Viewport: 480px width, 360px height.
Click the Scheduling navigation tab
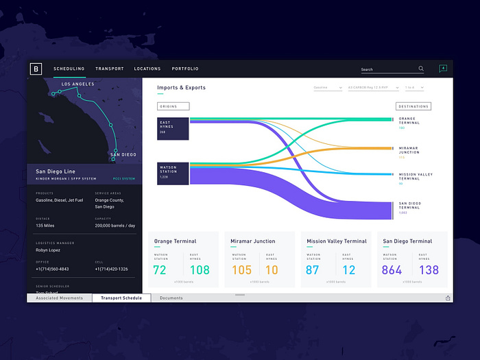pyautogui.click(x=69, y=69)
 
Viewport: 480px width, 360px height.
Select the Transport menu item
pyautogui.click(x=110, y=69)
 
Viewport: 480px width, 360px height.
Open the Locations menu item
pyautogui.click(x=147, y=69)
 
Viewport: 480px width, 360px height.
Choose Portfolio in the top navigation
pyautogui.click(x=185, y=69)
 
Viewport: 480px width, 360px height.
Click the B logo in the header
pyautogui.click(x=36, y=69)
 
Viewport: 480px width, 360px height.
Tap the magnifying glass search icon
pyautogui.click(x=421, y=69)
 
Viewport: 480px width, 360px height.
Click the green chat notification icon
pyautogui.click(x=442, y=69)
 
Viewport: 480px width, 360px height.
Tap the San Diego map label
pyautogui.click(x=123, y=155)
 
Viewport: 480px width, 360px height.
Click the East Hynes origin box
pyautogui.click(x=173, y=128)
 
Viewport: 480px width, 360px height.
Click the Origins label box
pyautogui.click(x=173, y=106)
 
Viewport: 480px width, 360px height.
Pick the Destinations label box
pyautogui.click(x=413, y=106)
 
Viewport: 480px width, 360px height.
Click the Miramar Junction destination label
pyautogui.click(x=409, y=150)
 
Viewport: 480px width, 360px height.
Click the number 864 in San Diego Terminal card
pyautogui.click(x=392, y=270)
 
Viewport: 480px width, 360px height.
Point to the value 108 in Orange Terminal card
pyautogui.click(x=200, y=270)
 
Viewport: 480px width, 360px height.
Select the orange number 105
pyautogui.click(x=242, y=270)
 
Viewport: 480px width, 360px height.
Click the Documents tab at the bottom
pyautogui.click(x=171, y=298)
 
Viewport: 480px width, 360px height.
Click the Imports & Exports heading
pyautogui.click(x=181, y=88)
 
